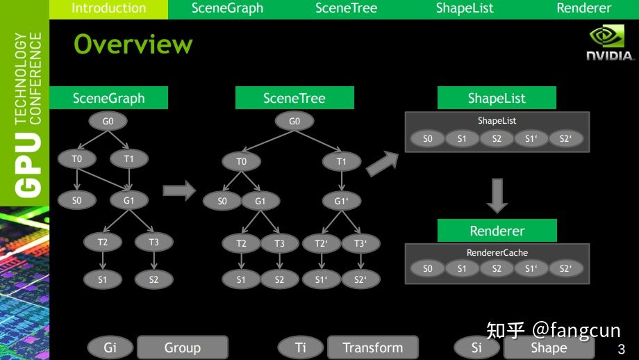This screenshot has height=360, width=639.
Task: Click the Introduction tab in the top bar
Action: coord(108,8)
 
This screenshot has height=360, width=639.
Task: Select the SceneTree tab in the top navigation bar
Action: coord(346,8)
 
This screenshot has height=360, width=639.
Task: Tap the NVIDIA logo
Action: coord(609,42)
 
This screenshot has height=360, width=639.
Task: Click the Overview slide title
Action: coord(133,44)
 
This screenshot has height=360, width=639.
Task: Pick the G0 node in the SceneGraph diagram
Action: coord(108,121)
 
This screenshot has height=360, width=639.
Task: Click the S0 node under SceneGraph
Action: coord(77,200)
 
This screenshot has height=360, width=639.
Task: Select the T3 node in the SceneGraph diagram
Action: coord(153,242)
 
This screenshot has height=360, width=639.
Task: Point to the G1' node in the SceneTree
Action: coord(342,201)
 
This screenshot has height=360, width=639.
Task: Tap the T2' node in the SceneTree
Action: coord(321,243)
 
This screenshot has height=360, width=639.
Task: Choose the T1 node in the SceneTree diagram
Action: coord(342,161)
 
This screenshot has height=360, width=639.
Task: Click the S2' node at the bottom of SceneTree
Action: coord(360,279)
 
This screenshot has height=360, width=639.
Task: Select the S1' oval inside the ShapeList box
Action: coord(531,138)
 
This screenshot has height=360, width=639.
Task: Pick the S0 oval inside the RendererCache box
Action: coord(427,268)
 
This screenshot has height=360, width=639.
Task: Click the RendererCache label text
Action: coord(497,253)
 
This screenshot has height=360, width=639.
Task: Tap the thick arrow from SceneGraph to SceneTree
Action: coord(179,190)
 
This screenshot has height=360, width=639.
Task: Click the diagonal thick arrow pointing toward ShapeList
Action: coord(382,163)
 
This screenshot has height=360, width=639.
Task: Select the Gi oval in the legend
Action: coord(110,347)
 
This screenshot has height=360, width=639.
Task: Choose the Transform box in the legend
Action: coord(373,347)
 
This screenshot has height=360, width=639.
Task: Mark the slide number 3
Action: coord(622,349)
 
